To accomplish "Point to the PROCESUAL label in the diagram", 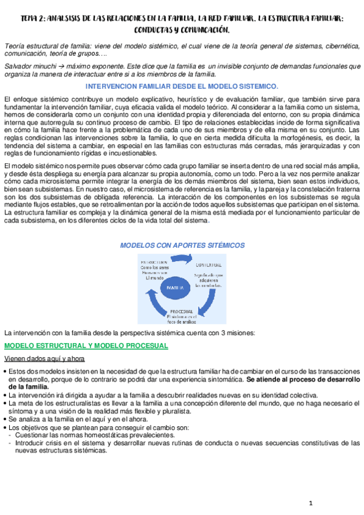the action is click(x=182, y=312).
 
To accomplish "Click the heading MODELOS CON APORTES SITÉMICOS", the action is click(x=182, y=245).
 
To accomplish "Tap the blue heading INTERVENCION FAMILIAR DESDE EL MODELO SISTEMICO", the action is click(x=182, y=87).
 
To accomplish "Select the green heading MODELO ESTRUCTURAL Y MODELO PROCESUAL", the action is click(x=86, y=346).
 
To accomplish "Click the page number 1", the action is click(x=311, y=503).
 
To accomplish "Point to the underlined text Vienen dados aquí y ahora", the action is click(x=44, y=358).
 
